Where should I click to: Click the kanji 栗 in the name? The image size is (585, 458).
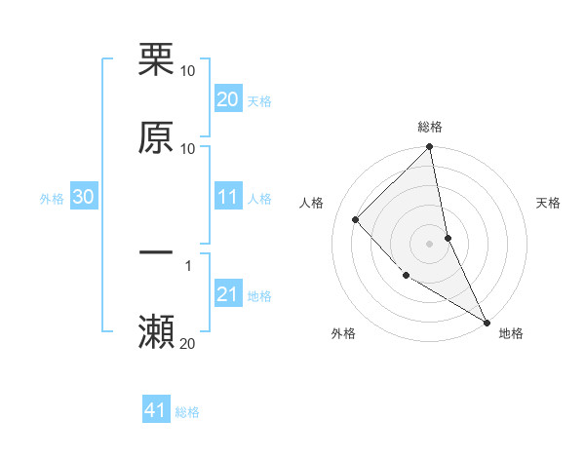(x=156, y=59)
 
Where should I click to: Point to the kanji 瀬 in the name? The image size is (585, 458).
(x=156, y=332)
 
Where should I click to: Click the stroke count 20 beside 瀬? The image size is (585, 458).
(x=187, y=343)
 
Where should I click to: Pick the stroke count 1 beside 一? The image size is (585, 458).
(x=187, y=265)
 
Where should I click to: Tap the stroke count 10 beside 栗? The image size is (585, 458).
(x=187, y=70)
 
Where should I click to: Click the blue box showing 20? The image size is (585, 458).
(x=227, y=99)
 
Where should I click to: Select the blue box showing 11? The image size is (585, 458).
(x=227, y=198)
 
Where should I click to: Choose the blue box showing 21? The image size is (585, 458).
(x=227, y=295)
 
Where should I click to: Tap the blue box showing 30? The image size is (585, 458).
(x=83, y=198)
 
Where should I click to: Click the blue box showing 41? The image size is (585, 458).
(x=156, y=411)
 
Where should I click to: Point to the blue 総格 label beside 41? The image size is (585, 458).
(x=187, y=412)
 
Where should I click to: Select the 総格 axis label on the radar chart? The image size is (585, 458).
(x=430, y=127)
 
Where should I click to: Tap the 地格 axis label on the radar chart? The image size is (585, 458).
(x=511, y=333)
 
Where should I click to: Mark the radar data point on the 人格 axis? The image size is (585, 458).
(x=356, y=219)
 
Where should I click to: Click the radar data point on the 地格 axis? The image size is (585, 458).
(x=487, y=322)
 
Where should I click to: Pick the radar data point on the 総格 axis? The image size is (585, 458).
(x=430, y=147)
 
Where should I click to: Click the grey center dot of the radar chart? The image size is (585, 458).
(x=430, y=243)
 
